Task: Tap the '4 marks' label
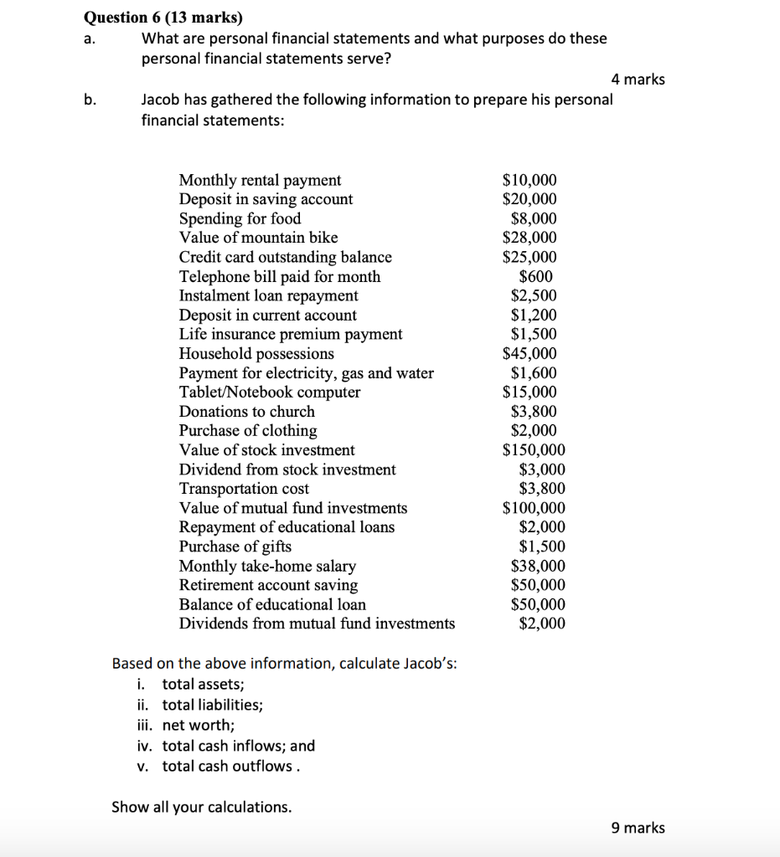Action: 638,80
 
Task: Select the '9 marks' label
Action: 638,828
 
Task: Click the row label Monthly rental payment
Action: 260,180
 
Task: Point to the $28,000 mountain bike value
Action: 529,238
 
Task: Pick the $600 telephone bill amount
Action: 535,276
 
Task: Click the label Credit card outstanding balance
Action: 285,257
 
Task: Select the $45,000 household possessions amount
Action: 529,353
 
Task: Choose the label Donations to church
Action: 247,411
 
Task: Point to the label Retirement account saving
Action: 268,585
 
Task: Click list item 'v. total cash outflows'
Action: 218,766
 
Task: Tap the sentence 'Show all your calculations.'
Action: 202,807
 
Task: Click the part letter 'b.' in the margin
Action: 90,100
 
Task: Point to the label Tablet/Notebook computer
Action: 270,392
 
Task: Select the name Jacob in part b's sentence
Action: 161,100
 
